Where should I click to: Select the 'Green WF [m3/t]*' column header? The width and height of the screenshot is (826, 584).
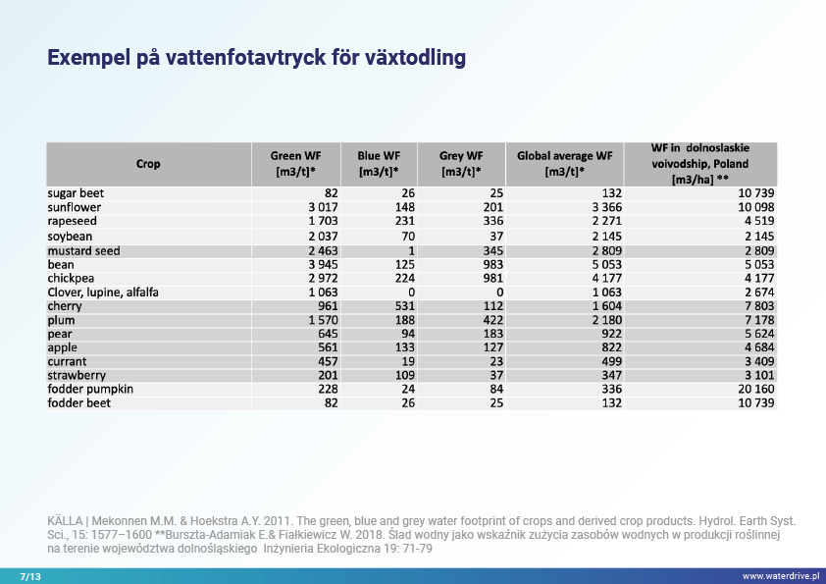coord(295,164)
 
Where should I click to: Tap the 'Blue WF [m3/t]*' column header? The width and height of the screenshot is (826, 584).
coord(379,164)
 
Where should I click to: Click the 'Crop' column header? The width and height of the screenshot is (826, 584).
coord(148,164)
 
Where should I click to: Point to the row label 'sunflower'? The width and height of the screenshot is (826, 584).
coord(75,208)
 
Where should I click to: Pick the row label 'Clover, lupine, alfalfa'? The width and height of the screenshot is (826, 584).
coord(103,292)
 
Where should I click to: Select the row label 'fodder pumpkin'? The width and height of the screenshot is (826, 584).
coord(90,390)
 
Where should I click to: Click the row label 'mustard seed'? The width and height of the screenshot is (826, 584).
coord(83,251)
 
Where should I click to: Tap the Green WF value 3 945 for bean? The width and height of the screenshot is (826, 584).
coord(323,265)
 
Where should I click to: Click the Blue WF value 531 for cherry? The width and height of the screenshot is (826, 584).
coord(405,306)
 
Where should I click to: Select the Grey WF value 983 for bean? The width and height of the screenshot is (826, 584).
coord(492,265)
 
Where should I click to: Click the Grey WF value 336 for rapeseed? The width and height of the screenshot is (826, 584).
coord(492,222)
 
